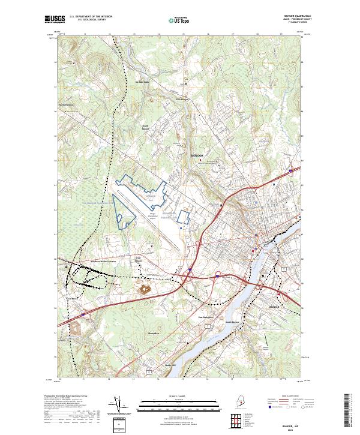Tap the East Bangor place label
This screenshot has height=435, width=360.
[182, 100]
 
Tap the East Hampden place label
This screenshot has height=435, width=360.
[189, 317]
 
